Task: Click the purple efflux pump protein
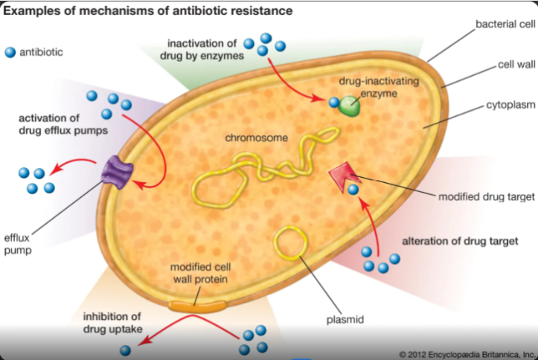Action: [x=118, y=172]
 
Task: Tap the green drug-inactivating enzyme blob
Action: [x=349, y=106]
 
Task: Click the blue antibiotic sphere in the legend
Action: [x=10, y=53]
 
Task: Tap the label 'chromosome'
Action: [x=256, y=138]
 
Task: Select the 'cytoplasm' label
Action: [x=510, y=106]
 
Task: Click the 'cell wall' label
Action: [x=516, y=65]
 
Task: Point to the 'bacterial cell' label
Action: [x=505, y=24]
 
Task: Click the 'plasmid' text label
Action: [x=345, y=320]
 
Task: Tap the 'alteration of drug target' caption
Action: [x=460, y=242]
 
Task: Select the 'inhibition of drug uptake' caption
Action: [x=112, y=323]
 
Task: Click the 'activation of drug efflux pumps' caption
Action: [x=63, y=124]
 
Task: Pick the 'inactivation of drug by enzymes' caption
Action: [x=202, y=50]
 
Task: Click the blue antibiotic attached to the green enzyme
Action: [x=334, y=102]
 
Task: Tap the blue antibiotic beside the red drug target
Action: [x=353, y=190]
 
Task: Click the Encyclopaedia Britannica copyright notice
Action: [x=467, y=354]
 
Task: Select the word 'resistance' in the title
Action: [x=261, y=10]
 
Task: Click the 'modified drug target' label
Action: [x=487, y=197]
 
